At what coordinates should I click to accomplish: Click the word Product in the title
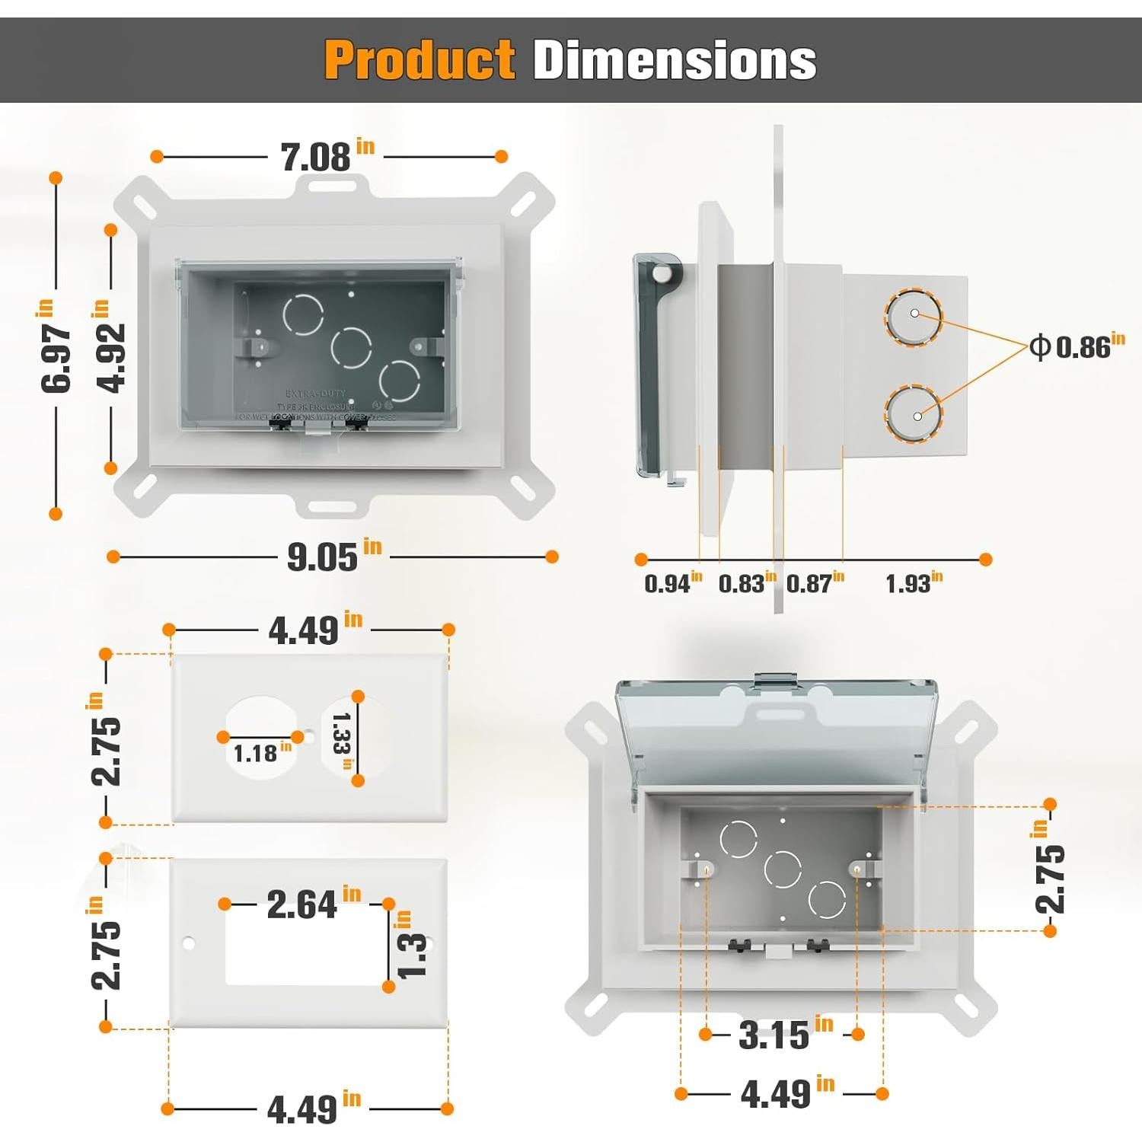419,60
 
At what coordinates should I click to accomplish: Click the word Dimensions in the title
675,60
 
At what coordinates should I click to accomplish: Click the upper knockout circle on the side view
913,317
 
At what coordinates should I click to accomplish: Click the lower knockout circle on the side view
913,415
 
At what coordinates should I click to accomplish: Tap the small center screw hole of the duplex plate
308,737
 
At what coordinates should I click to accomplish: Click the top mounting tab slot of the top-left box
333,185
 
